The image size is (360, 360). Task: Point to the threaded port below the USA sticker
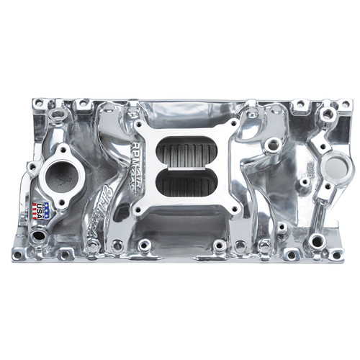[x=37, y=237]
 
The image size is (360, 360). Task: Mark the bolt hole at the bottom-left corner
[x=17, y=254]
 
